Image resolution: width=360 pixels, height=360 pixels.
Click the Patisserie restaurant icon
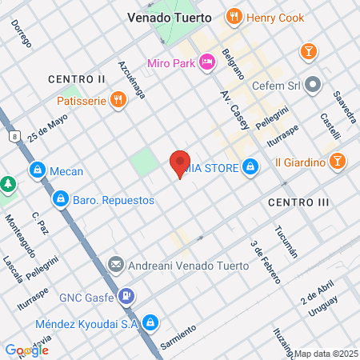[x=118, y=100]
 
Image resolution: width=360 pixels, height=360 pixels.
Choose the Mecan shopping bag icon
[x=38, y=170]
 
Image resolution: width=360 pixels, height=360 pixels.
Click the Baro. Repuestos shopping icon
[x=60, y=197]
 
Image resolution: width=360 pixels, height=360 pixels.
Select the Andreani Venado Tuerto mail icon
[x=115, y=264]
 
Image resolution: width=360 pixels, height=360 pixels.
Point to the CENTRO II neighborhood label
[x=76, y=79]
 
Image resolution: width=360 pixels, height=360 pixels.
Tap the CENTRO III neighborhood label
[x=298, y=202]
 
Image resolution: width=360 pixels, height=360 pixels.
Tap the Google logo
[x=25, y=350]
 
